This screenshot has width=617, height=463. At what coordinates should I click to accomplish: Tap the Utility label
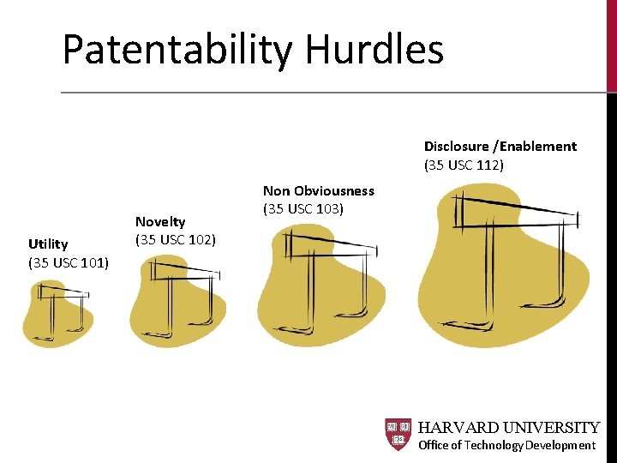(x=48, y=244)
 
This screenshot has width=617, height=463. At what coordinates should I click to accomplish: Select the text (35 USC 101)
(x=69, y=262)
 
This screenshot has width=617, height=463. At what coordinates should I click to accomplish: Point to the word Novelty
(x=160, y=222)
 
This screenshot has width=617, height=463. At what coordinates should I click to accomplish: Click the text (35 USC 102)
(x=176, y=239)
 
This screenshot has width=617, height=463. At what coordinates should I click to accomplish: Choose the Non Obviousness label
(x=319, y=190)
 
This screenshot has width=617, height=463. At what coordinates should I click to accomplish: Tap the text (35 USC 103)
(x=303, y=208)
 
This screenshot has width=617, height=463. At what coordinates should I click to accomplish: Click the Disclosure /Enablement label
(x=500, y=146)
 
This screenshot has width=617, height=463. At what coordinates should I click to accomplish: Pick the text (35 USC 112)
(x=464, y=164)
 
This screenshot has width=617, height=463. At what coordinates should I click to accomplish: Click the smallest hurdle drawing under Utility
(x=58, y=313)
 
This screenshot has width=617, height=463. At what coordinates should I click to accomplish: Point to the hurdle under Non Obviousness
(x=321, y=283)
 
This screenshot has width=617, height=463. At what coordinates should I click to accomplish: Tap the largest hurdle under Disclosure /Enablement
(x=502, y=262)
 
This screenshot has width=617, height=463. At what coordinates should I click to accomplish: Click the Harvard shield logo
(x=398, y=434)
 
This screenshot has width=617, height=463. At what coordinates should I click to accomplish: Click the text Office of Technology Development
(x=506, y=445)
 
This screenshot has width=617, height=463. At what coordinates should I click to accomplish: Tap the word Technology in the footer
(x=493, y=445)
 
